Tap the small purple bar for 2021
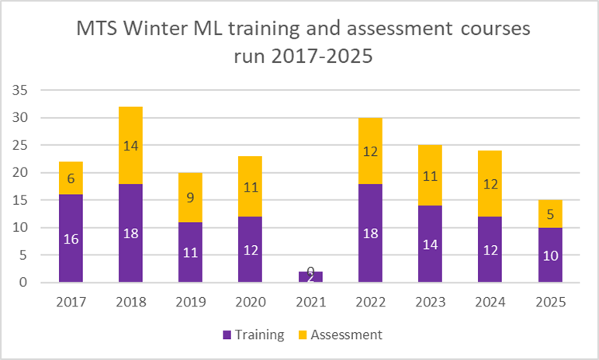click(310, 277)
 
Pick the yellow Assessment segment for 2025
click(550, 214)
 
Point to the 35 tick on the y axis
click(21, 90)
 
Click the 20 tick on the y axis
click(21, 173)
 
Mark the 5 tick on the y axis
click(24, 255)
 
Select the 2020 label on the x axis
click(250, 300)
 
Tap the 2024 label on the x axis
click(490, 300)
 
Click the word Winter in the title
click(166, 30)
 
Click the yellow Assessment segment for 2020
click(250, 186)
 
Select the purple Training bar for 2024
click(490, 250)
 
